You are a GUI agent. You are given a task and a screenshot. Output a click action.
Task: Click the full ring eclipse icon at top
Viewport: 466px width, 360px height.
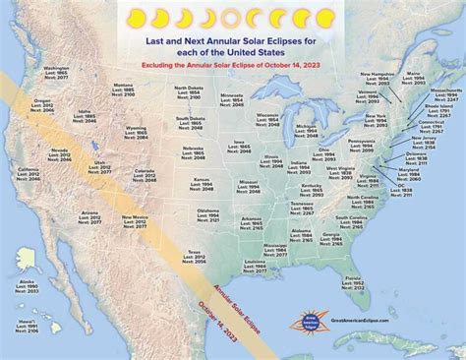coord(232,17)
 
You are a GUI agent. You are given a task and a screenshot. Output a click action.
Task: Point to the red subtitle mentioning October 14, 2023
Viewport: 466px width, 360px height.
coord(233,62)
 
